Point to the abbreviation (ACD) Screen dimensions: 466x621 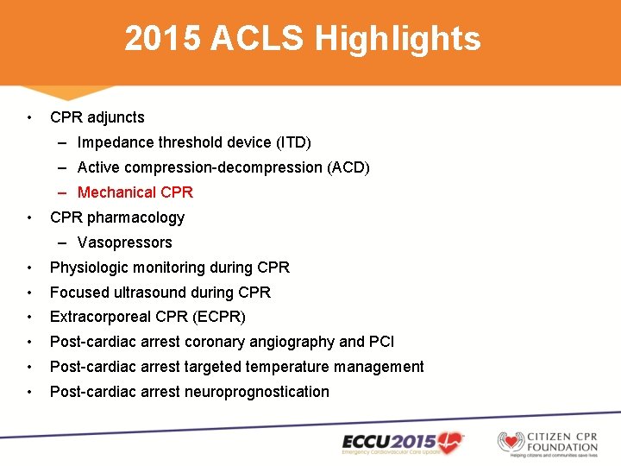[348, 167]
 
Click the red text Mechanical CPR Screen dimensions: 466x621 [135, 192]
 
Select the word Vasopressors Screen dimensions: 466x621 [125, 242]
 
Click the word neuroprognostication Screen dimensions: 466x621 [257, 392]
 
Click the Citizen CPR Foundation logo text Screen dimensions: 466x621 [572, 441]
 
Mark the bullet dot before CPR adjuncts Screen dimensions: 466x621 [29, 117]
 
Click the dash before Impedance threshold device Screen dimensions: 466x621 [65, 142]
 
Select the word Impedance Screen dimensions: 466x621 [114, 142]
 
